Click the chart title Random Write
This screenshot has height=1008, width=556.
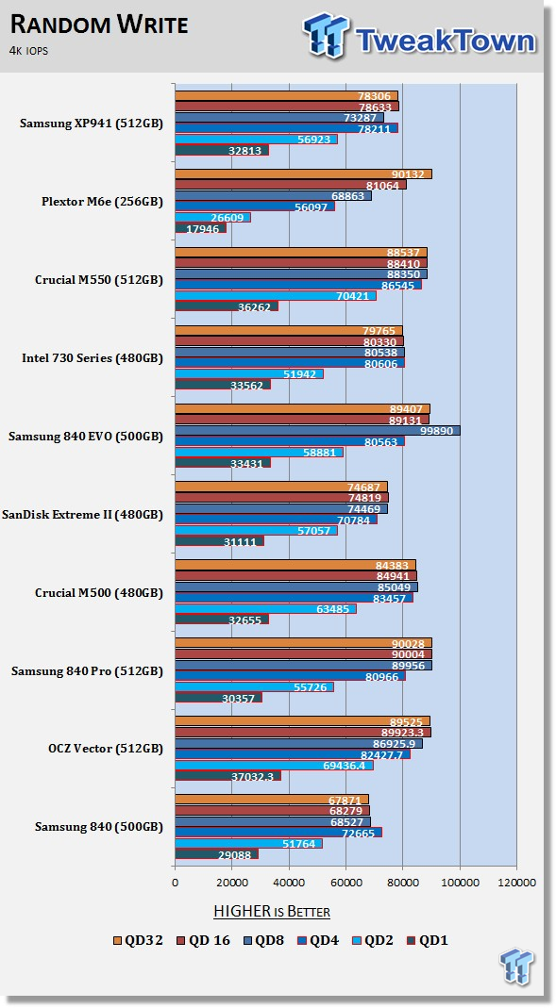click(x=100, y=25)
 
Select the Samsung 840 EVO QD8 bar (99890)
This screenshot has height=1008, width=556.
click(x=318, y=431)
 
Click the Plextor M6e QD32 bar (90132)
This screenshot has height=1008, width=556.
click(x=303, y=174)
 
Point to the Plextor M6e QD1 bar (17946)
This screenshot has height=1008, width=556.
click(x=201, y=228)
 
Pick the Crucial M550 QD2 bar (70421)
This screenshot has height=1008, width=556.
click(x=276, y=296)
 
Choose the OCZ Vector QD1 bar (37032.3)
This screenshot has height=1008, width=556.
click(x=227, y=776)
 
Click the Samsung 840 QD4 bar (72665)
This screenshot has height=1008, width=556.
click(x=278, y=833)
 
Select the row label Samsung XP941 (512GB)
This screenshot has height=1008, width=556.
click(x=92, y=124)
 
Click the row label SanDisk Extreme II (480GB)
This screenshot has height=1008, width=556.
click(x=82, y=514)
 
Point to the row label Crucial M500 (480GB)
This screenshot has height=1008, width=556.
click(x=99, y=593)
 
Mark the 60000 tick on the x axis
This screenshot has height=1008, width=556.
click(x=346, y=883)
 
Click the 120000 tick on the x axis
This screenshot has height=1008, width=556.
click(x=516, y=883)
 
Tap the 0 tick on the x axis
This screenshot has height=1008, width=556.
click(x=175, y=883)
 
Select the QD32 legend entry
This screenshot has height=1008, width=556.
click(x=138, y=940)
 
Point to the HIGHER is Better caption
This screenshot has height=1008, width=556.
click(x=272, y=912)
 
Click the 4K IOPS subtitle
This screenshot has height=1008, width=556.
click(x=29, y=51)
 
